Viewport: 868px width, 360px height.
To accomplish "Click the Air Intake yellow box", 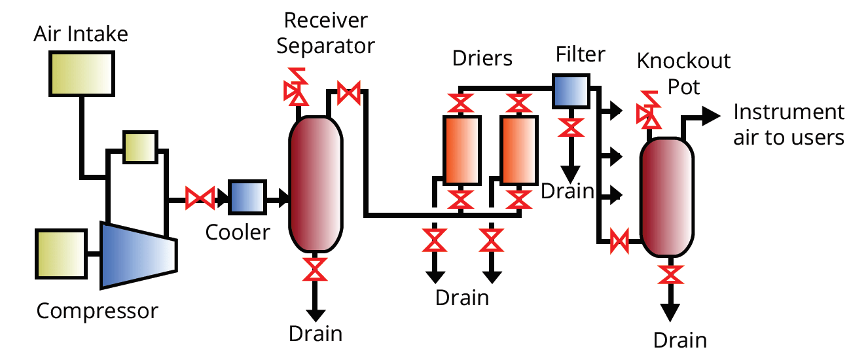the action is [x=82, y=73].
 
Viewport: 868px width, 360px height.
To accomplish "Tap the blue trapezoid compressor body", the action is [x=139, y=255].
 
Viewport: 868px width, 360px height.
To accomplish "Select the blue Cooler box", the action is [x=247, y=197].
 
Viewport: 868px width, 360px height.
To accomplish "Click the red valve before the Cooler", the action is [x=200, y=198].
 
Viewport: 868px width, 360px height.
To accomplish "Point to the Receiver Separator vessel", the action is [x=316, y=184].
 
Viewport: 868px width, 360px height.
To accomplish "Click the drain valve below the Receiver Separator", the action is [x=315, y=269].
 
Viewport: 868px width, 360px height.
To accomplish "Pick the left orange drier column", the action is [x=462, y=150].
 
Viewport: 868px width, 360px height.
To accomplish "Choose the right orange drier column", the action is [x=519, y=150].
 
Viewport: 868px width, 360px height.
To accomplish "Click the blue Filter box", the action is [x=571, y=91].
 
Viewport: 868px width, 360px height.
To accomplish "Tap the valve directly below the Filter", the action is [x=571, y=128].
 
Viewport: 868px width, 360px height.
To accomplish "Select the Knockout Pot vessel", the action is [x=667, y=197].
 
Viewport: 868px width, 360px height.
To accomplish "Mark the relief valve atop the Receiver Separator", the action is [x=297, y=87].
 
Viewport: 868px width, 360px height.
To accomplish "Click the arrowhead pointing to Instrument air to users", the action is [x=711, y=116].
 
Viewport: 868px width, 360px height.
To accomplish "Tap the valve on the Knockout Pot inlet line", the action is [x=619, y=241].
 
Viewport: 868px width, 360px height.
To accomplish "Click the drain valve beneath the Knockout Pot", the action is [x=670, y=274].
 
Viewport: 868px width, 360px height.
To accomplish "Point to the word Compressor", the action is [x=98, y=311].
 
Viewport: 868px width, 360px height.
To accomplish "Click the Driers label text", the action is [x=482, y=58].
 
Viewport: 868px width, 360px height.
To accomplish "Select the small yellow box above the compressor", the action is [x=140, y=147].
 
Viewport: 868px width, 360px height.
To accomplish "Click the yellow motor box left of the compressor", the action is [x=61, y=254].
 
